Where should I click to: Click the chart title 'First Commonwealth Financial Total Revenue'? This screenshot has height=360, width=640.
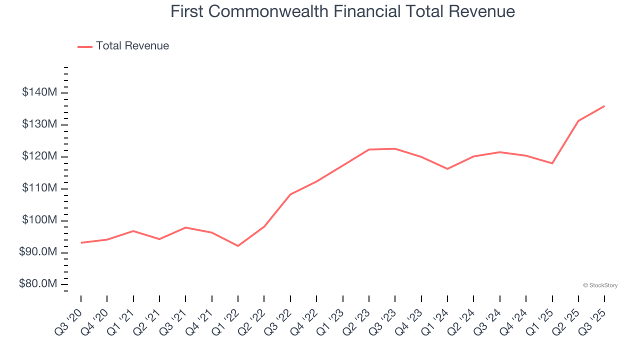coord(342,11)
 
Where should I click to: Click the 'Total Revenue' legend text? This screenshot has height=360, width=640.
coord(132,46)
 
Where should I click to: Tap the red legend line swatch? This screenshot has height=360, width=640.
coord(85,46)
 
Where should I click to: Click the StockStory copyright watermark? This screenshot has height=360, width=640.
coord(600,285)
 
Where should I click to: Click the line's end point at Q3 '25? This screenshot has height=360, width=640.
coord(604,106)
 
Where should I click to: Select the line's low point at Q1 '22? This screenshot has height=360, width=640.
coord(238,246)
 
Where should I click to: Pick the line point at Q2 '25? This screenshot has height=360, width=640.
coord(578,120)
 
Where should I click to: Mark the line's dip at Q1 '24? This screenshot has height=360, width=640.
coord(447,169)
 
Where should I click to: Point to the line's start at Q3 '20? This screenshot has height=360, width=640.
coord(81,243)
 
